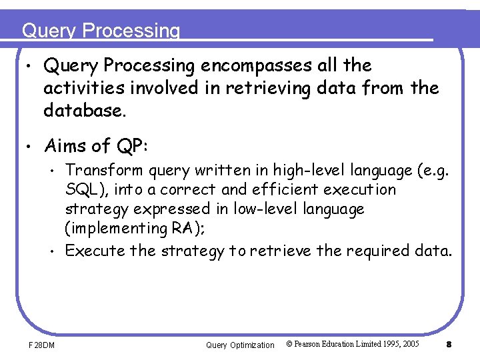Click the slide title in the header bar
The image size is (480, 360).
click(x=101, y=31)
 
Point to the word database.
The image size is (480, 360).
click(x=84, y=110)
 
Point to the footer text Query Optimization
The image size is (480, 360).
click(x=239, y=345)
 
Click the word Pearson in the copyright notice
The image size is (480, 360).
click(x=316, y=344)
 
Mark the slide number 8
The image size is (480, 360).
click(x=449, y=345)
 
